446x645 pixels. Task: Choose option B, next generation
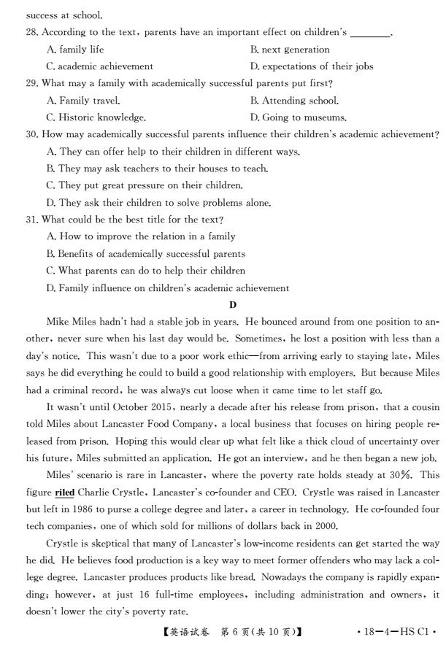[290, 50]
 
